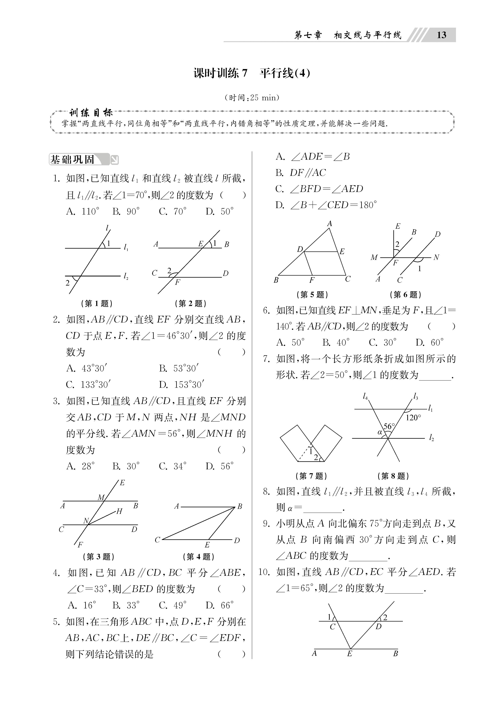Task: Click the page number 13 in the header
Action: [x=441, y=35]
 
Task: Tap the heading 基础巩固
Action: [x=72, y=160]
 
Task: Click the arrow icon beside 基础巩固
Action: [x=114, y=160]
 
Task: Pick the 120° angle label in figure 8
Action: [x=413, y=418]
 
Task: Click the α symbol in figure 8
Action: [x=380, y=432]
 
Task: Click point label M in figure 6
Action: [x=374, y=257]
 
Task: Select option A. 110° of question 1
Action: [x=83, y=211]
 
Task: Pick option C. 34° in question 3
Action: [x=172, y=466]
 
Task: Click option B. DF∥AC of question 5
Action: [x=301, y=173]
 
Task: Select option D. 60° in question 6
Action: [x=430, y=342]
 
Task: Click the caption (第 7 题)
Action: [x=311, y=476]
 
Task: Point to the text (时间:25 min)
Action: [x=252, y=98]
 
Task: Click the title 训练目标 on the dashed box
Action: [x=91, y=112]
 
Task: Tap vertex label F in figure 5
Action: [x=312, y=280]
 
